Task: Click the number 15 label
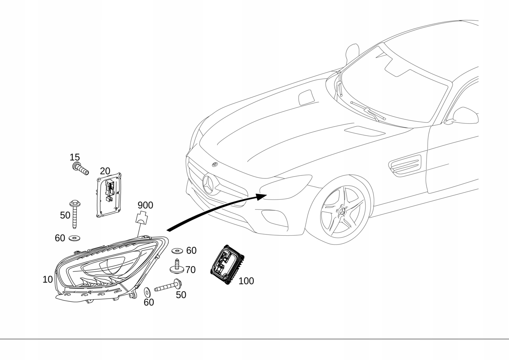point(74,157)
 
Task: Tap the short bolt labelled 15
point(80,168)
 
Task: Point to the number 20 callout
point(105,171)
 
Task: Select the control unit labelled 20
point(110,195)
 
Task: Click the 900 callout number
point(145,205)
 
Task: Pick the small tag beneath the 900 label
point(142,218)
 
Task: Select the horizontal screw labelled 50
point(168,286)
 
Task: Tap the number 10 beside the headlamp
point(48,279)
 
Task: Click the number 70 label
point(190,270)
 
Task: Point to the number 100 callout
point(246,281)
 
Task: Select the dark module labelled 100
point(227,264)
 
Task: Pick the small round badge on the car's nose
point(215,165)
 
